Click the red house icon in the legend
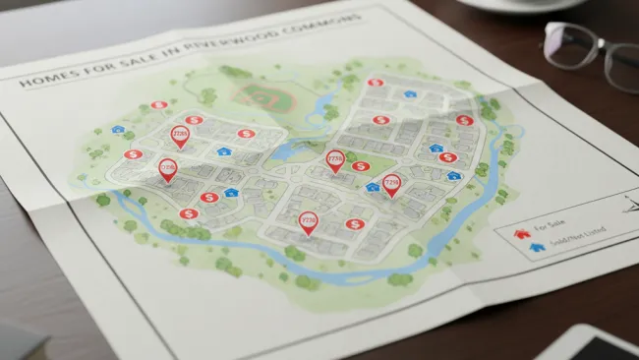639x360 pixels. [x=522, y=234]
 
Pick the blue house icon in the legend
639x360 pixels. [x=537, y=247]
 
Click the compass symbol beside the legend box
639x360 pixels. [x=625, y=205]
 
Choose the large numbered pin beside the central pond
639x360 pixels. [x=335, y=159]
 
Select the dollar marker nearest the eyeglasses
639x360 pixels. [x=463, y=120]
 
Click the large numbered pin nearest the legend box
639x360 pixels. [x=391, y=183]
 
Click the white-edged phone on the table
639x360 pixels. [x=589, y=344]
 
